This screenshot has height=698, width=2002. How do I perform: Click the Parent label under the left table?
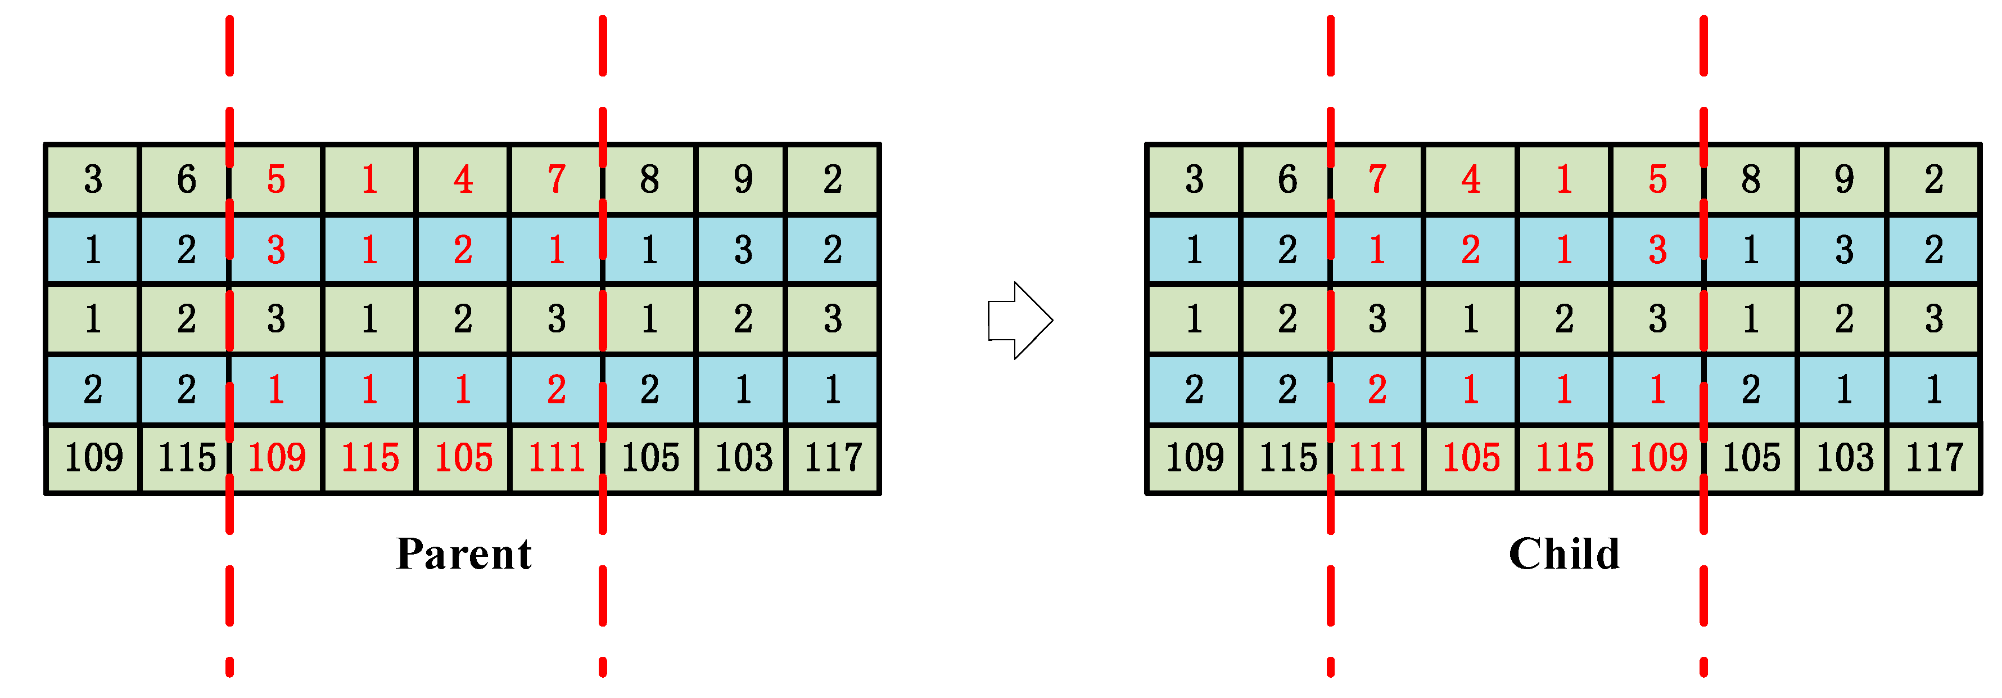[x=463, y=554]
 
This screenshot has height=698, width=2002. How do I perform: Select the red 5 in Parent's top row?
[x=276, y=179]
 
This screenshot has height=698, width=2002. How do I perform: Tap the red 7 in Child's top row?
[x=1377, y=179]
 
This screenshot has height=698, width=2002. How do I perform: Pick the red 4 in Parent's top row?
[x=463, y=179]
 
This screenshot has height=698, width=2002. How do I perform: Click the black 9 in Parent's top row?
[x=743, y=179]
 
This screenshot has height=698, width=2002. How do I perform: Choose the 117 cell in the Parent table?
[x=833, y=458]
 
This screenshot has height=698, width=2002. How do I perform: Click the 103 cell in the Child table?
[x=1844, y=458]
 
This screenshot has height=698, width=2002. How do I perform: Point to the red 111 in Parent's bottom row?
[x=557, y=458]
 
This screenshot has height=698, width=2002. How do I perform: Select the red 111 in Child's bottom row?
[x=1377, y=458]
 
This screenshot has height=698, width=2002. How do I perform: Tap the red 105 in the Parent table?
[x=463, y=458]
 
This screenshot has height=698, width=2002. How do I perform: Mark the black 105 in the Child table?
[x=1751, y=458]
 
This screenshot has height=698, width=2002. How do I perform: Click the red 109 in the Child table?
[x=1658, y=458]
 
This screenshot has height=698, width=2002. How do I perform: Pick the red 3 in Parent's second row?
[x=276, y=250]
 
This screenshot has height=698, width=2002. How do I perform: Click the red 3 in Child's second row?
[x=1658, y=250]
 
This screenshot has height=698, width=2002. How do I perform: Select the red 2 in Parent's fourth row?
[x=557, y=389]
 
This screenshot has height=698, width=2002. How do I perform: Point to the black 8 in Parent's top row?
[x=650, y=179]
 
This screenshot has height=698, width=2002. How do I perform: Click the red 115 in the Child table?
[x=1565, y=458]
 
